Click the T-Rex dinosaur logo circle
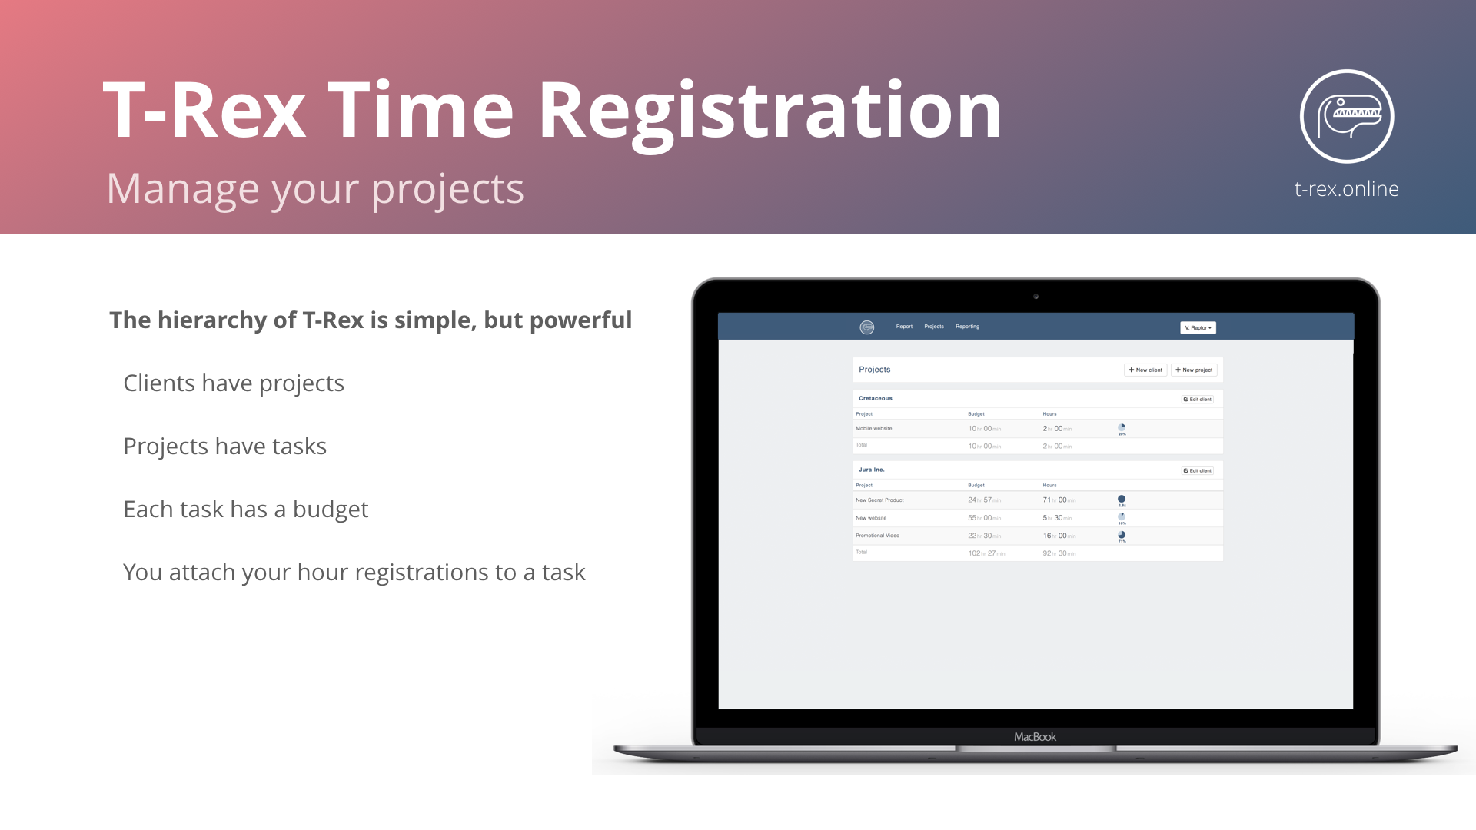pyautogui.click(x=1347, y=116)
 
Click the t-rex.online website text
pyautogui.click(x=1346, y=189)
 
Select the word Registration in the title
pyautogui.click(x=770, y=111)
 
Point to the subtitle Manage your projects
pyautogui.click(x=315, y=189)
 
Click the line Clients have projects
pyautogui.click(x=234, y=383)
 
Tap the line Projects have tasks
pyautogui.click(x=224, y=446)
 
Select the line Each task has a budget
pyautogui.click(x=245, y=509)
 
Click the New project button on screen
pyautogui.click(x=1194, y=370)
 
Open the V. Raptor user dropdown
pyautogui.click(x=1198, y=327)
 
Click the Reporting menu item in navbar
pyautogui.click(x=967, y=327)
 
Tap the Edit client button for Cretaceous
pyautogui.click(x=1197, y=399)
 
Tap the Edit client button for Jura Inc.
pyautogui.click(x=1197, y=470)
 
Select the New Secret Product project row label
pyautogui.click(x=879, y=500)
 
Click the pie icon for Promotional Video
pyautogui.click(x=1122, y=535)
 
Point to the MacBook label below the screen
pyautogui.click(x=1035, y=737)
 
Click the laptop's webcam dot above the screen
pyautogui.click(x=1036, y=297)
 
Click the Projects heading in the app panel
pyautogui.click(x=875, y=370)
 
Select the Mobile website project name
pyautogui.click(x=873, y=429)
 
